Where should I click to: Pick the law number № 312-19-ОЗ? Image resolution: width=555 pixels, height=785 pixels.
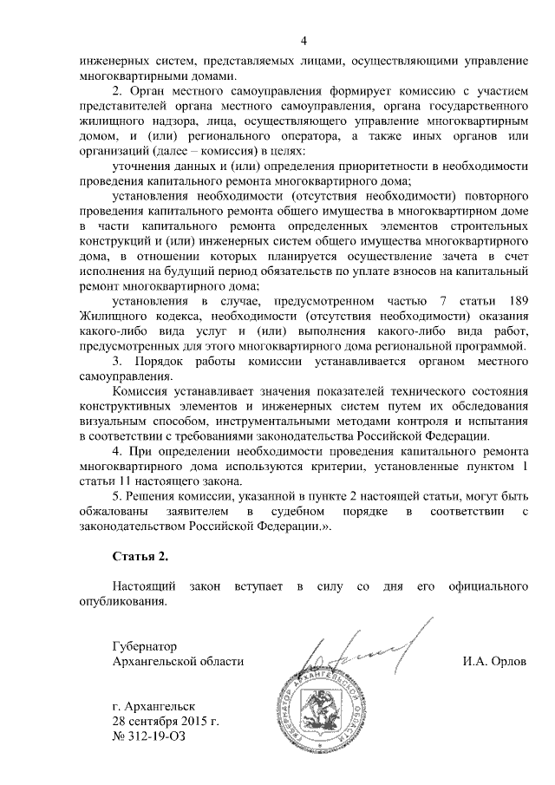pyautogui.click(x=149, y=736)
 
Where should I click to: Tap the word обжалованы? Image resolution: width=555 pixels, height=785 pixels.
pyautogui.click(x=109, y=512)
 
